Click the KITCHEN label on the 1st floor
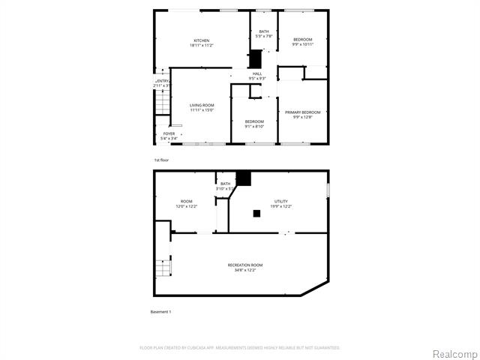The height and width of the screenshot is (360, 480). tap(201, 40)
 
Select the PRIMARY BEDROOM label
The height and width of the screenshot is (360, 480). tap(302, 112)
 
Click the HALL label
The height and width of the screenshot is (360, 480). tap(257, 73)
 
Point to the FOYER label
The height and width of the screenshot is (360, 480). tap(169, 133)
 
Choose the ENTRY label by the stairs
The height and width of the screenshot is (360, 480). tap(163, 81)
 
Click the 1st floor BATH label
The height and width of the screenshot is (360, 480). tap(263, 31)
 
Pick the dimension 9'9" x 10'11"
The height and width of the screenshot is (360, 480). tap(302, 44)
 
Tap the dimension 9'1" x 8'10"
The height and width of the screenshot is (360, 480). tap(254, 126)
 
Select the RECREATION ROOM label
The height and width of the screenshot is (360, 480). tap(245, 265)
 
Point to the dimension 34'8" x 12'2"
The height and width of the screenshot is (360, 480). tap(245, 270)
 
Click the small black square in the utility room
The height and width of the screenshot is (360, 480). tap(256, 213)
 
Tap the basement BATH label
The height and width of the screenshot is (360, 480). tap(225, 184)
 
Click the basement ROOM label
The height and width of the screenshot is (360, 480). tap(186, 201)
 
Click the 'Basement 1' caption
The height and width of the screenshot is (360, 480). tap(161, 311)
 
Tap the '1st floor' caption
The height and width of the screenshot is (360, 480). tap(161, 160)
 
